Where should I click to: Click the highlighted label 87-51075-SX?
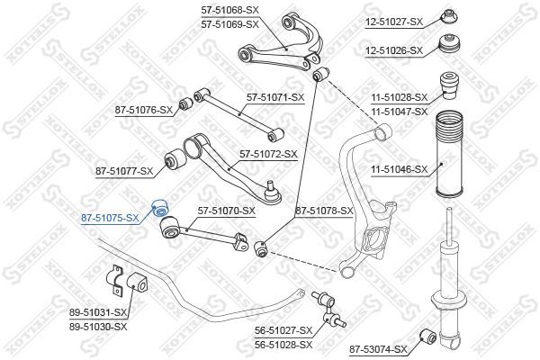(x=110, y=217)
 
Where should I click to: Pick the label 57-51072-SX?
(x=267, y=154)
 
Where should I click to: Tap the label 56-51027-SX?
(x=283, y=330)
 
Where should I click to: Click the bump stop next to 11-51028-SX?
(x=447, y=89)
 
